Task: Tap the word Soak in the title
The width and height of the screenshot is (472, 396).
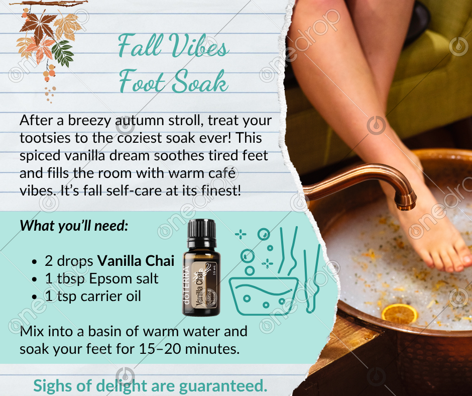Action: point(200,81)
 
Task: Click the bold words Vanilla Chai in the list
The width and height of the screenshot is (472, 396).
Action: point(136,261)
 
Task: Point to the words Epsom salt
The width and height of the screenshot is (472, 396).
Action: point(124,278)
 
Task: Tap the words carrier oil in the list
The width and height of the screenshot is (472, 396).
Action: point(111,296)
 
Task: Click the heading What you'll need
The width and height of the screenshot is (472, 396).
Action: point(74,226)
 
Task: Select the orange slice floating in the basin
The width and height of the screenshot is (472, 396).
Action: point(400,314)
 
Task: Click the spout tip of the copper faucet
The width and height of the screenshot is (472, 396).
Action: point(406,205)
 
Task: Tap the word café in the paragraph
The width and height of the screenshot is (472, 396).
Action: point(221,173)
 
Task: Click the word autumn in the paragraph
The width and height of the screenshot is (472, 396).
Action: point(140,120)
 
